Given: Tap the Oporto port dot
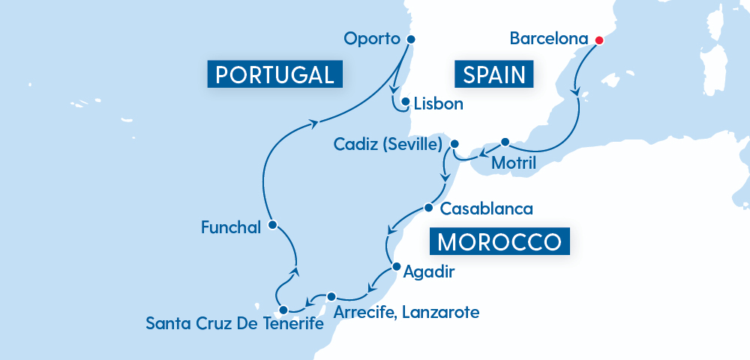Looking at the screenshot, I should point(410,40).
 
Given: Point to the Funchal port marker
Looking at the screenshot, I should point(272,224).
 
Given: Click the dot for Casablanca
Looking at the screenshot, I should point(428,208).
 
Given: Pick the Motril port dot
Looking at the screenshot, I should point(505,142).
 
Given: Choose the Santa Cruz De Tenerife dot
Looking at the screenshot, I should point(283,310).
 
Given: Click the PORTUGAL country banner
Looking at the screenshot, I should point(274,74).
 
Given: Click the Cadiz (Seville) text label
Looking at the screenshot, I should point(388,144).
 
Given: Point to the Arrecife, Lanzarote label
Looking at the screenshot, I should point(407,311).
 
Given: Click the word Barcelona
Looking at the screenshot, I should point(547,38).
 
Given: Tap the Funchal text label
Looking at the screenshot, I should point(231,226).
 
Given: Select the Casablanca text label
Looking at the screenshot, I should point(487,208).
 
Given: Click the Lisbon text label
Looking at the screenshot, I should point(439,103).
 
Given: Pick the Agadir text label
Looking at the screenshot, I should point(428,271).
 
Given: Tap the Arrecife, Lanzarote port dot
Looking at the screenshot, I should point(331,296).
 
